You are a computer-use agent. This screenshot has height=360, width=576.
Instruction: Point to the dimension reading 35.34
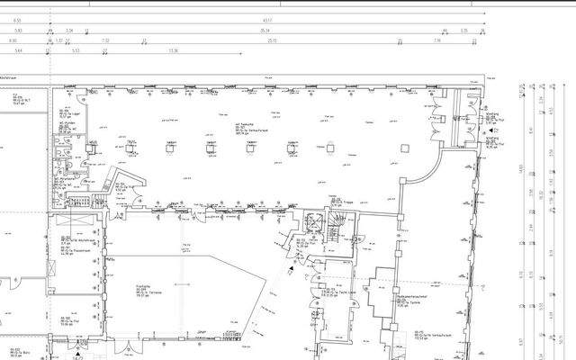click(x=265, y=30)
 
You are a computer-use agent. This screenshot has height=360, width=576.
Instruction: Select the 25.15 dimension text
click(x=271, y=40)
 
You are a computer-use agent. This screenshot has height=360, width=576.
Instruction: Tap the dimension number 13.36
click(x=174, y=51)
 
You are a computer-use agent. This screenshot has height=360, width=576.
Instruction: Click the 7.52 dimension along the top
click(x=105, y=40)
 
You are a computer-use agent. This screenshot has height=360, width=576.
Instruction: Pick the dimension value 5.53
click(x=77, y=51)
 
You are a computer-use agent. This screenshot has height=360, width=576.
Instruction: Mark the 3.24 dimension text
click(x=70, y=30)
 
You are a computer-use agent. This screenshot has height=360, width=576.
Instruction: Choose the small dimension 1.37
click(x=60, y=40)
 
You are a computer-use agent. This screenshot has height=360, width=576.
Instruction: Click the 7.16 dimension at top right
click(x=436, y=40)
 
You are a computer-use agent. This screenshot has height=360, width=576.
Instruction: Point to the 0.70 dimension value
click(x=464, y=30)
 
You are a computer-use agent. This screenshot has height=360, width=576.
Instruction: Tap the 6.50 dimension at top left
click(x=13, y=40)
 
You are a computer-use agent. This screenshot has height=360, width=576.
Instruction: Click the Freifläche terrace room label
click(x=119, y=288)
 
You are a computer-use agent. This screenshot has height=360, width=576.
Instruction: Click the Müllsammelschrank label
click(x=390, y=296)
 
